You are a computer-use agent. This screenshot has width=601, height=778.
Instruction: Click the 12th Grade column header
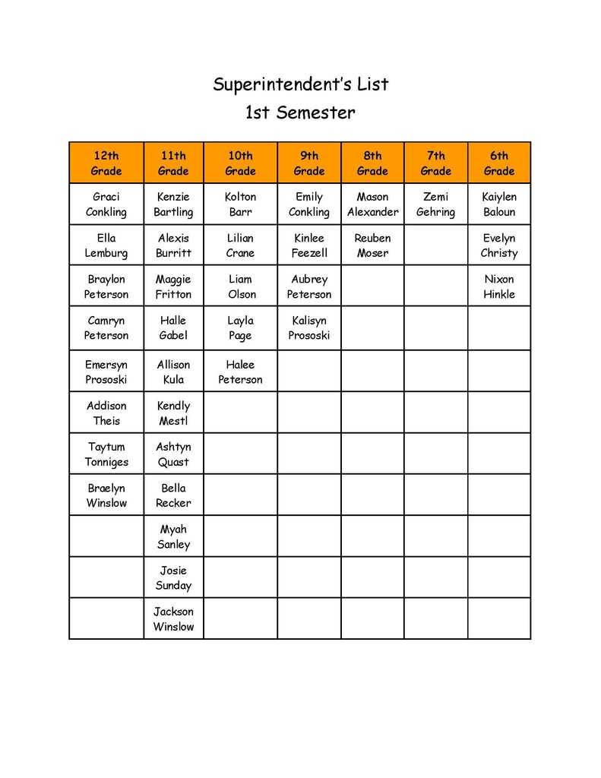[x=106, y=163]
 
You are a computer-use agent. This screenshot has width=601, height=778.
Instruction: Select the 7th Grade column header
[x=435, y=163]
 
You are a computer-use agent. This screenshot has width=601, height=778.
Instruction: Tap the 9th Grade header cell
[x=309, y=163]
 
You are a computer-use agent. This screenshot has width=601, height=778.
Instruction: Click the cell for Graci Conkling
[x=106, y=204]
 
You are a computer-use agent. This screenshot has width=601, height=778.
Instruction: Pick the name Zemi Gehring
[x=435, y=204]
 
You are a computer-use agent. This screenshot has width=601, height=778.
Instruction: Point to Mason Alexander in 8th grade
[x=372, y=204]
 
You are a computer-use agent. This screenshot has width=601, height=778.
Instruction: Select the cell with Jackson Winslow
[x=173, y=619]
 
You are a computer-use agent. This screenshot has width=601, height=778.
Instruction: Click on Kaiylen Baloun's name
[x=499, y=204]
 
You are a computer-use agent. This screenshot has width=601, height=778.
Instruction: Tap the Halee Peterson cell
[x=240, y=372]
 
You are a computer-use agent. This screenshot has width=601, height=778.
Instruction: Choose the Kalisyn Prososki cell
[x=309, y=327]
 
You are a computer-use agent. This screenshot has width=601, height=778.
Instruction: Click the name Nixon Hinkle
[x=499, y=286]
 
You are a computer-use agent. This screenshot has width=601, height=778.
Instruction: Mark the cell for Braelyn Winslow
[x=106, y=495]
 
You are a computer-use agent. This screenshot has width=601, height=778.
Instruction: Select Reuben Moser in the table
[x=372, y=245]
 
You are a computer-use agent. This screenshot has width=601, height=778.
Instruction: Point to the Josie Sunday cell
[x=173, y=578]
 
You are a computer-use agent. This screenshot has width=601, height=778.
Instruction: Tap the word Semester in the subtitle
[x=315, y=113]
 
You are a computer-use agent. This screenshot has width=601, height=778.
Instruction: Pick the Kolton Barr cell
[x=240, y=204]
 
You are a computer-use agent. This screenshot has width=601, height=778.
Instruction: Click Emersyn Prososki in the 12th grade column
[x=106, y=372]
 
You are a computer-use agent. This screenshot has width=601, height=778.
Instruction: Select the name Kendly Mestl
[x=173, y=413]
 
